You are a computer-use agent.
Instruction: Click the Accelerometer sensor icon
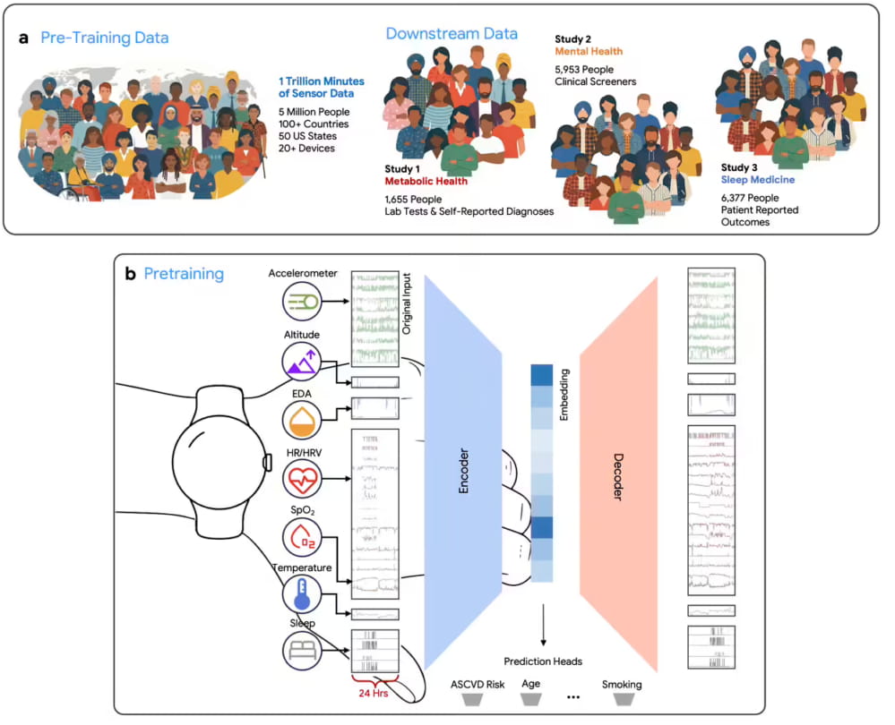coord(302,301)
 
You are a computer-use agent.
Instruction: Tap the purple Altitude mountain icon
coord(302,361)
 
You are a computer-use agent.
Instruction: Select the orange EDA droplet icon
coord(302,420)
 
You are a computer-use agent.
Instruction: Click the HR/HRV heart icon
coord(302,479)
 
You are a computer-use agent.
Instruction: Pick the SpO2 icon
coord(302,537)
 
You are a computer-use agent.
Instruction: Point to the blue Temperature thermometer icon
coord(302,593)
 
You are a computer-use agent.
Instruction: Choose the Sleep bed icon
coord(302,651)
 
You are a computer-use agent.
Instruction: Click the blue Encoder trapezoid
coord(463,471)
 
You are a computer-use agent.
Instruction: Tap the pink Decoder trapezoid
coord(619,474)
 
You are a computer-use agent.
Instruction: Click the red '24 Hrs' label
coord(374,693)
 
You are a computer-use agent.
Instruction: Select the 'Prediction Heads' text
coord(543,661)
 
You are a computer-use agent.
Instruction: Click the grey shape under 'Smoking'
coord(624,699)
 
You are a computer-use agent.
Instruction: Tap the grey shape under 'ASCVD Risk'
coord(473,699)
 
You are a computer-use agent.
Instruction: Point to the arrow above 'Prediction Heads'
coord(543,625)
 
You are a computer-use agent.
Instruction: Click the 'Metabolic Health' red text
coord(426,182)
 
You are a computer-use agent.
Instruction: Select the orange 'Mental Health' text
coord(589,51)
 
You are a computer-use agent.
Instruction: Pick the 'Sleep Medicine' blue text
coord(757,180)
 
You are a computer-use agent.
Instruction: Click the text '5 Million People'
coord(314,112)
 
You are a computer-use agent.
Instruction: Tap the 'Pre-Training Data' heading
coord(105,38)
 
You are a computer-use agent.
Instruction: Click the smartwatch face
coord(219,462)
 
